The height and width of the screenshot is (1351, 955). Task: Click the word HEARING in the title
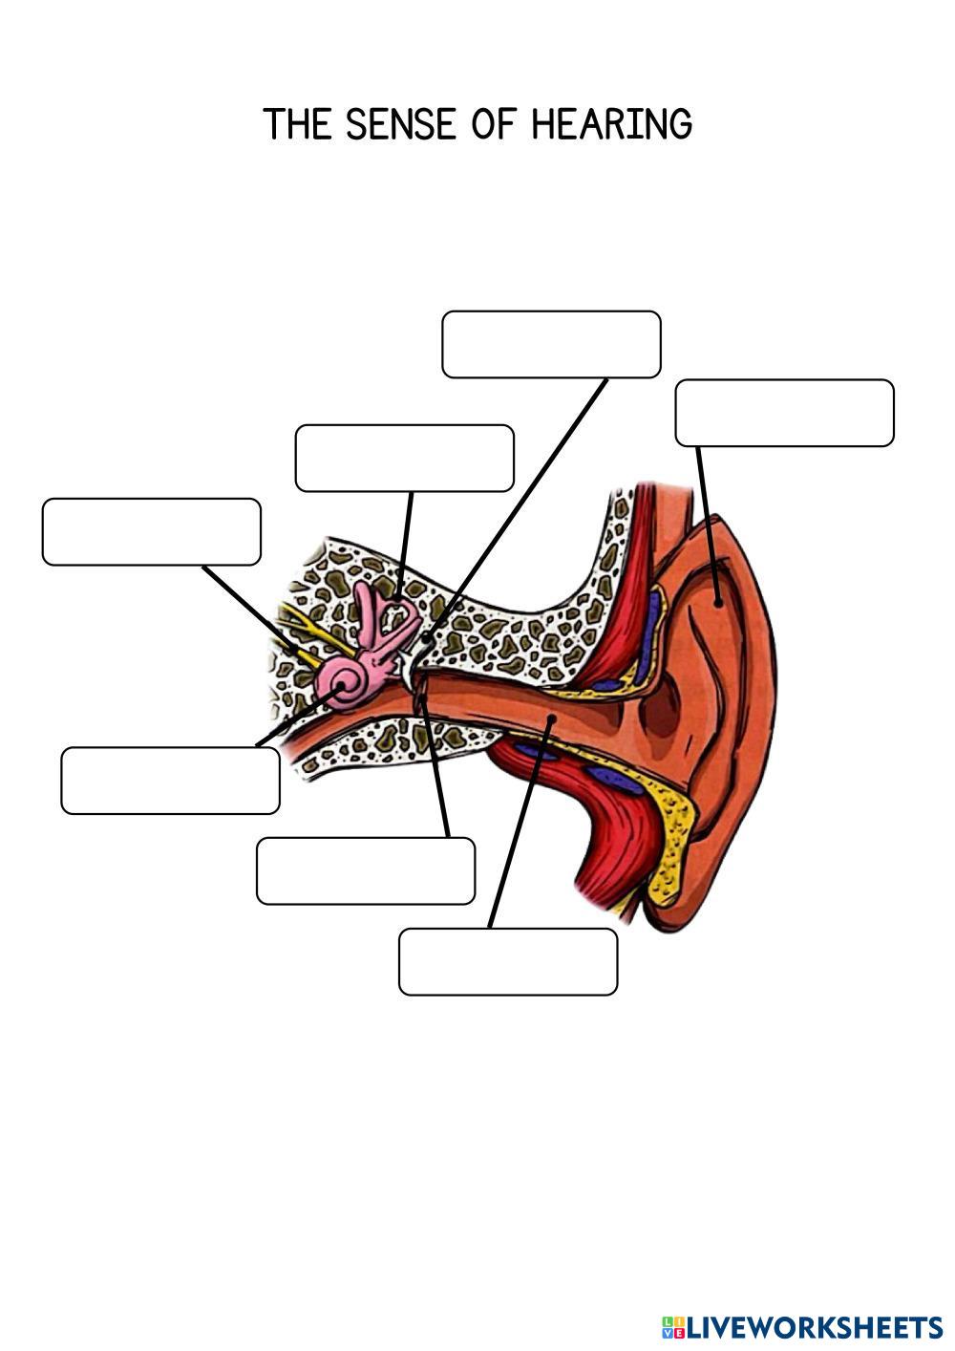pos(611,124)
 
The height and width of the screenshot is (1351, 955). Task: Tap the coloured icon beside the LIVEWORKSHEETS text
pos(672,1326)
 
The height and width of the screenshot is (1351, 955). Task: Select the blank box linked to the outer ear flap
pos(784,413)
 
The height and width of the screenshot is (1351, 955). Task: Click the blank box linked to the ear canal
pos(507,961)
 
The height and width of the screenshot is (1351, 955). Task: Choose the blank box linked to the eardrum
pos(365,870)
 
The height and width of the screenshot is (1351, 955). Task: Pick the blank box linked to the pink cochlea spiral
pos(170,781)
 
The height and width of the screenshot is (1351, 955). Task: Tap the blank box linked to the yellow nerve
pos(151,531)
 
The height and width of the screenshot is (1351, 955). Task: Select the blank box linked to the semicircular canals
pos(404,458)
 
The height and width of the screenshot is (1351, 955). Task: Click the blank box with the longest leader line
pos(551,344)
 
